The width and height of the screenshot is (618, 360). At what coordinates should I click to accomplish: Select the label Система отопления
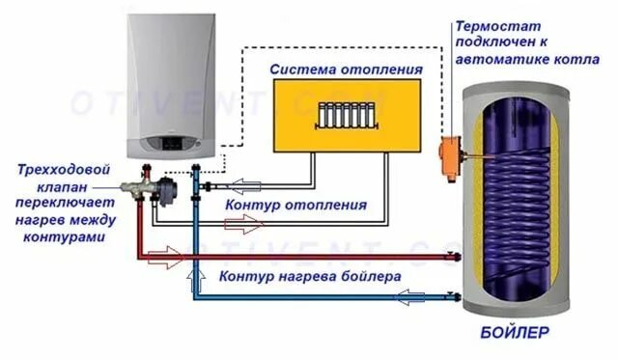coord(346,69)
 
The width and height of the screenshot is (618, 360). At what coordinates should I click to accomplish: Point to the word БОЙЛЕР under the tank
coord(512,333)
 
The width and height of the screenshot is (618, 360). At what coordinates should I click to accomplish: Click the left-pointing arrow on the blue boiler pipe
coord(418,299)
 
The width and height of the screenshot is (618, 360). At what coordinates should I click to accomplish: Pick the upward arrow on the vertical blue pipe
coord(196,281)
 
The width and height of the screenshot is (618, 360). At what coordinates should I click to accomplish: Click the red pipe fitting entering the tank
coord(462,257)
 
